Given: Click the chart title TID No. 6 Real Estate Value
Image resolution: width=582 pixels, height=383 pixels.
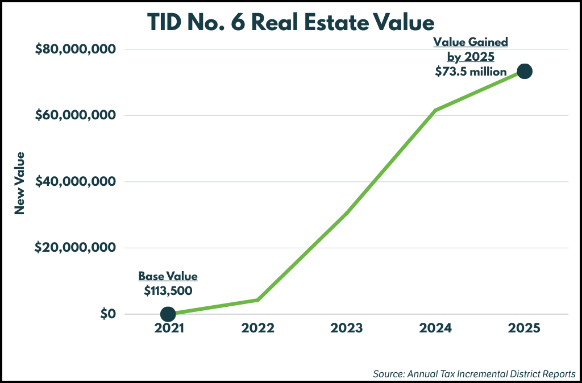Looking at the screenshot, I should pyautogui.click(x=291, y=22).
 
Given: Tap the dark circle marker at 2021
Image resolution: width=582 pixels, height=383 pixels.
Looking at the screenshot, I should pyautogui.click(x=168, y=314).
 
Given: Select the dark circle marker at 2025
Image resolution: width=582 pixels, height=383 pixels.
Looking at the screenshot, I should pyautogui.click(x=524, y=71).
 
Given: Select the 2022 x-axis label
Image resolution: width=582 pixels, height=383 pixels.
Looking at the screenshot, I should pyautogui.click(x=257, y=328).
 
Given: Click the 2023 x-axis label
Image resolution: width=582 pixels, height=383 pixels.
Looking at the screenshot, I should pyautogui.click(x=347, y=328).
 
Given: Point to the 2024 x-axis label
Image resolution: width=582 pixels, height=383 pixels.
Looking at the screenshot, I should pyautogui.click(x=435, y=328).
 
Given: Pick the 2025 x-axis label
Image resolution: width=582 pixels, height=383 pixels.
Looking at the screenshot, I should pyautogui.click(x=525, y=328).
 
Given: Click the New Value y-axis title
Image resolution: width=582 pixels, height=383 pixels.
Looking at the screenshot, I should pyautogui.click(x=20, y=183).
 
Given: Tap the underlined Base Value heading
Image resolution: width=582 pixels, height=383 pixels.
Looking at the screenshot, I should pyautogui.click(x=168, y=277).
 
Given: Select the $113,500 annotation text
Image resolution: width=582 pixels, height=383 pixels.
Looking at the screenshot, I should pyautogui.click(x=168, y=290).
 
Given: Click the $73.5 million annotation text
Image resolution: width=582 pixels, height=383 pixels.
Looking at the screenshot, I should pyautogui.click(x=471, y=72).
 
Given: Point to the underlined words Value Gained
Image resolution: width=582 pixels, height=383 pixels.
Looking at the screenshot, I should pyautogui.click(x=471, y=42).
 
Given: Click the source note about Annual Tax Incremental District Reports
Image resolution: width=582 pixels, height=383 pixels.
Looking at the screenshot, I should pyautogui.click(x=475, y=374).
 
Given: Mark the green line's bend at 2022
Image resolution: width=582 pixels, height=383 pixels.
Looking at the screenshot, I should pyautogui.click(x=257, y=299).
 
